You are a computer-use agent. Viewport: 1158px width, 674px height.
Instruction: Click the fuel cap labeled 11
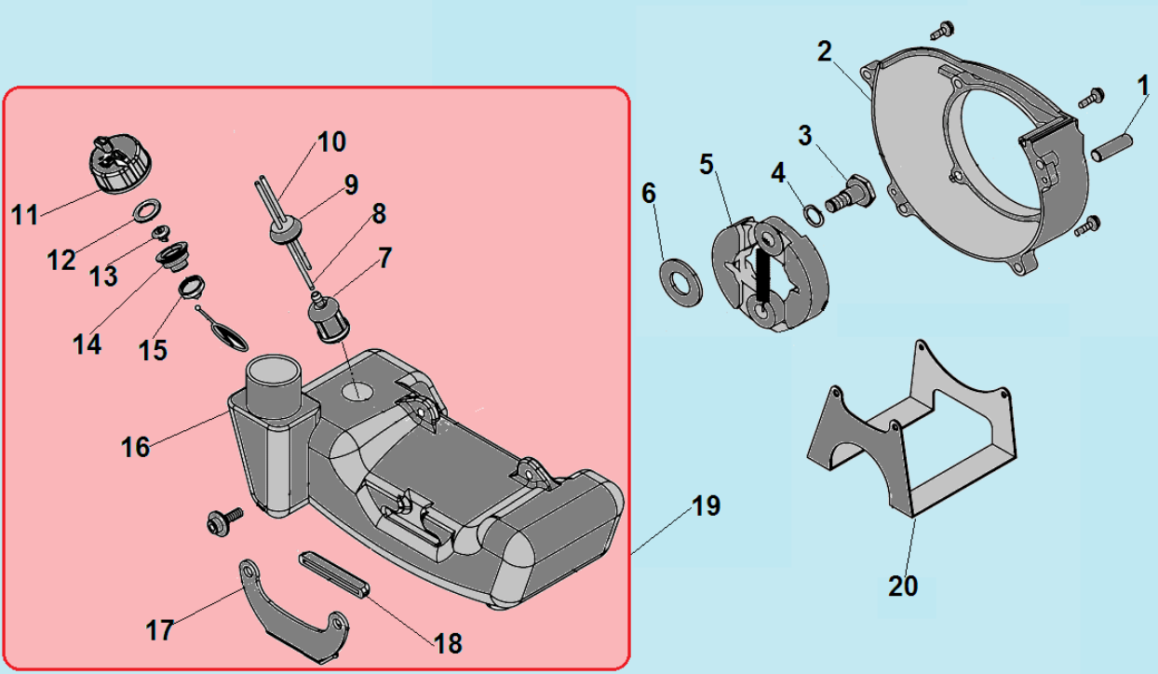point(115,166)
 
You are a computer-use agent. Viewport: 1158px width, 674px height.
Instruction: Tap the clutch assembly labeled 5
point(769,275)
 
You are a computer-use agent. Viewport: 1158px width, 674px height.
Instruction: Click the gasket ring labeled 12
point(144,209)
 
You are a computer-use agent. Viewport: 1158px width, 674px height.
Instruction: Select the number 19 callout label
point(706,506)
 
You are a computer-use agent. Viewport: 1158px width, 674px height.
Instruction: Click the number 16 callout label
point(135,447)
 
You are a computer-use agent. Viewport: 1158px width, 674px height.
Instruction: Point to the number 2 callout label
point(824,52)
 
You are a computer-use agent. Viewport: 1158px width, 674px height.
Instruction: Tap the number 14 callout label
point(88,344)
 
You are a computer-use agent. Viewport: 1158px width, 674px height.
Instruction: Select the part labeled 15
point(191,287)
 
